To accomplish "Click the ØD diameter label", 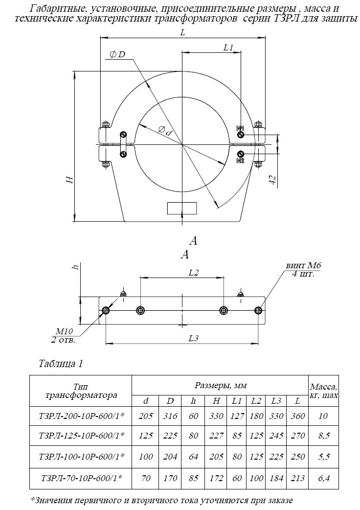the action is pos(117,54).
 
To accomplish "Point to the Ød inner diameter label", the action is pos(165,131).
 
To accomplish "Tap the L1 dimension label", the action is pos(228,47).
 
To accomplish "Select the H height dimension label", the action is pos(70,179).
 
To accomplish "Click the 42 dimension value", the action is pos(272,180).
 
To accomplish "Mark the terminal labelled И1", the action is pos(241,135).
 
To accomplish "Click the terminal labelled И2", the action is pos(241,154).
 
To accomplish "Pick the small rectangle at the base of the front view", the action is pos(182,208).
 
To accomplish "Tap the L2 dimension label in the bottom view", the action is pos(193,273).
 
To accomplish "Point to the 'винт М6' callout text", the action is pos(303,266).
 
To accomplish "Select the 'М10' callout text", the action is pos(65,331).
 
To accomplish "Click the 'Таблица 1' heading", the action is pos(61,363).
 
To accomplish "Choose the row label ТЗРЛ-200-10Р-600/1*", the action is pos(81,416).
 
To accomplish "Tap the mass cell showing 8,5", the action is pos(323,436).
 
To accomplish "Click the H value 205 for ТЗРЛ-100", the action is pos(216,457).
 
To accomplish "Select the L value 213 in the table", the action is pos(297,478).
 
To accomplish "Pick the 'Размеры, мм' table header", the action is pos(221,386).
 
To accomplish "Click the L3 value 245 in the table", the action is pos(276,436).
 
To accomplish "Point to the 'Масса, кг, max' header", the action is pos(324,391).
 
